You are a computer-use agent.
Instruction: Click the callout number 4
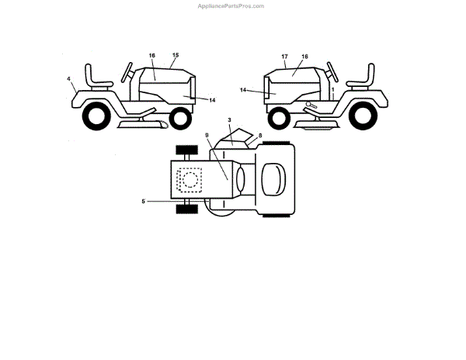[68, 78]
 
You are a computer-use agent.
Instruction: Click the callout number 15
[175, 55]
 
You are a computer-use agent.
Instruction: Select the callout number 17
[285, 57]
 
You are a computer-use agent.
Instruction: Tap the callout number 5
[143, 202]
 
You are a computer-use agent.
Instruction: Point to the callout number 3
[230, 121]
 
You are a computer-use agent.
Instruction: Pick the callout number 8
[260, 136]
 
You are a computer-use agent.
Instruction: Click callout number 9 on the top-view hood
[207, 136]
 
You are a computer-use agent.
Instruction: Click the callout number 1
[333, 90]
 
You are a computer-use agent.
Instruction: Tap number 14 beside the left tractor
[212, 100]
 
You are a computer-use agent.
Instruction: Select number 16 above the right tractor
[304, 57]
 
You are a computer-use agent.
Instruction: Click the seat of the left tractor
[97, 78]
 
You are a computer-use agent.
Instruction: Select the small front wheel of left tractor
[179, 119]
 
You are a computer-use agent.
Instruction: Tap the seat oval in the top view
[272, 180]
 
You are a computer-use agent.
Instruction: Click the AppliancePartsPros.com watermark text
[232, 5]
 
